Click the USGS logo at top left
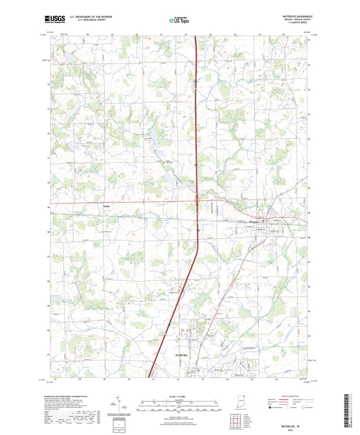coord(54,19)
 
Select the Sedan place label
coord(106,205)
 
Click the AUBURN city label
coord(181,355)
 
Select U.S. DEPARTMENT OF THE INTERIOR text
coord(88,17)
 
